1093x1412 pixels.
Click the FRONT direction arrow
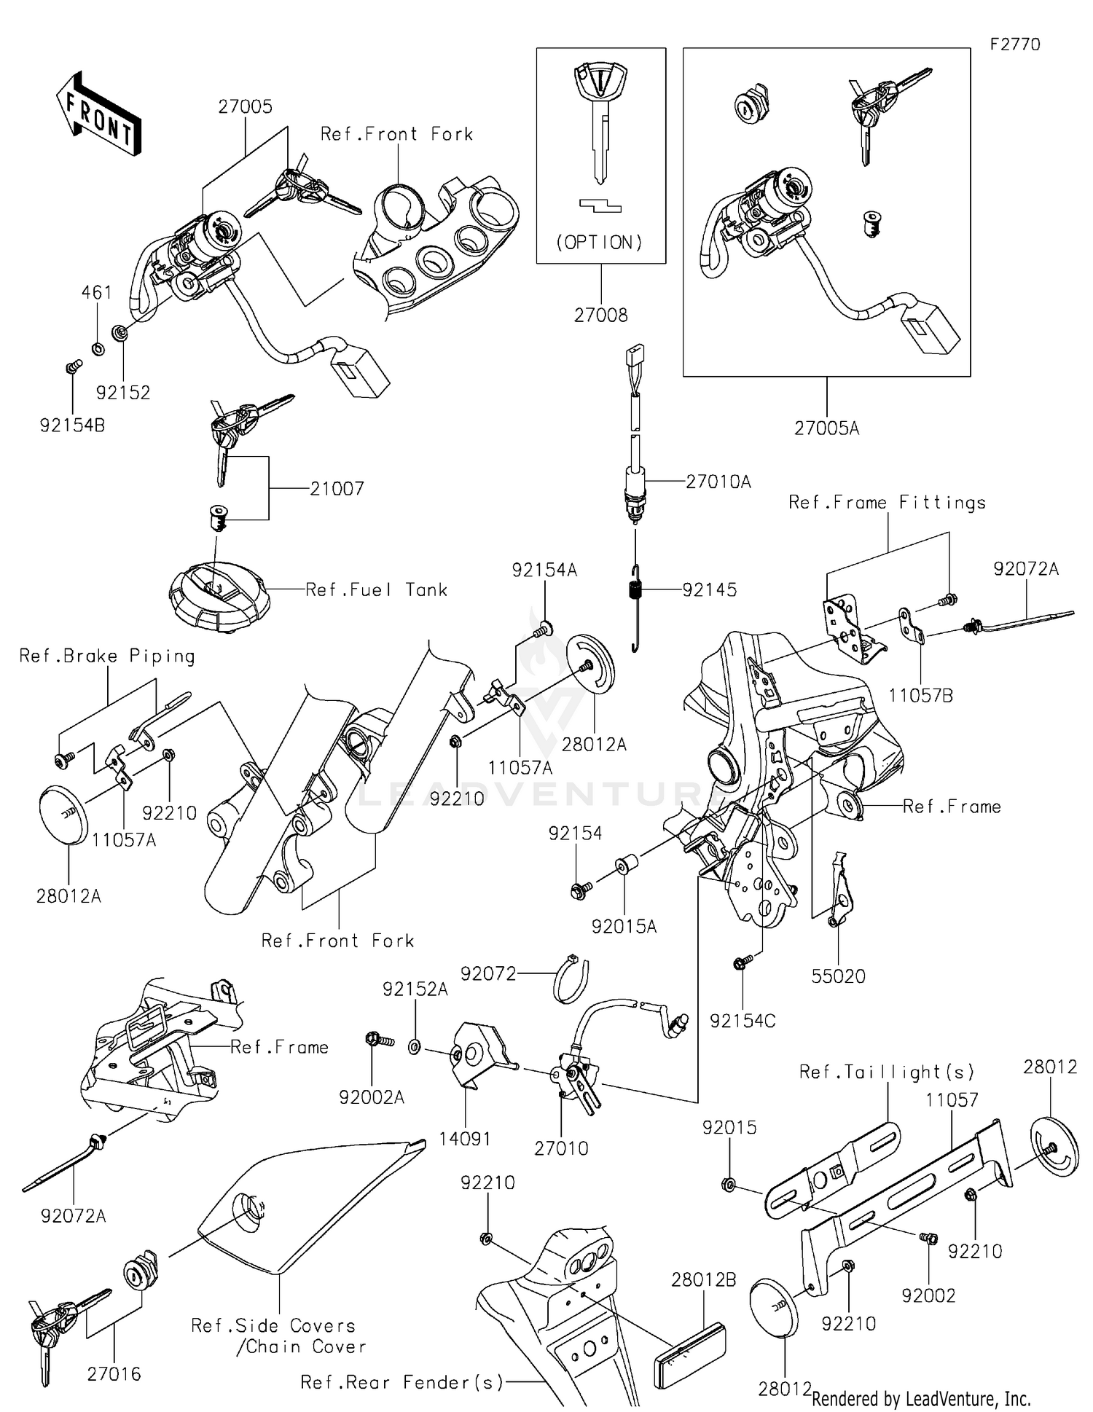point(98,114)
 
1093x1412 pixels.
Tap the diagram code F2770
point(1014,44)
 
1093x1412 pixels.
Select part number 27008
point(600,315)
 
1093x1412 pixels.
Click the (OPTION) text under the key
point(600,243)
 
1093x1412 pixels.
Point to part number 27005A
point(826,428)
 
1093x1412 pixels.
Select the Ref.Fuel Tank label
point(376,589)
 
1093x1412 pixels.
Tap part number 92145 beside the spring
point(709,589)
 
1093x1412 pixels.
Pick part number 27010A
point(718,482)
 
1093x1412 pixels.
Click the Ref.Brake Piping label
point(107,656)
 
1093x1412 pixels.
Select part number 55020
point(838,976)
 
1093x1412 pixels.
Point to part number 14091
point(465,1139)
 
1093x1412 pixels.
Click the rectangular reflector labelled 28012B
point(689,1341)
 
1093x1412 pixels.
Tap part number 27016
point(114,1374)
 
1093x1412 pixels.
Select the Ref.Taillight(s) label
point(887,1072)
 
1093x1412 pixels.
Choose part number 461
point(96,292)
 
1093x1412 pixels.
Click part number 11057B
point(920,695)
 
